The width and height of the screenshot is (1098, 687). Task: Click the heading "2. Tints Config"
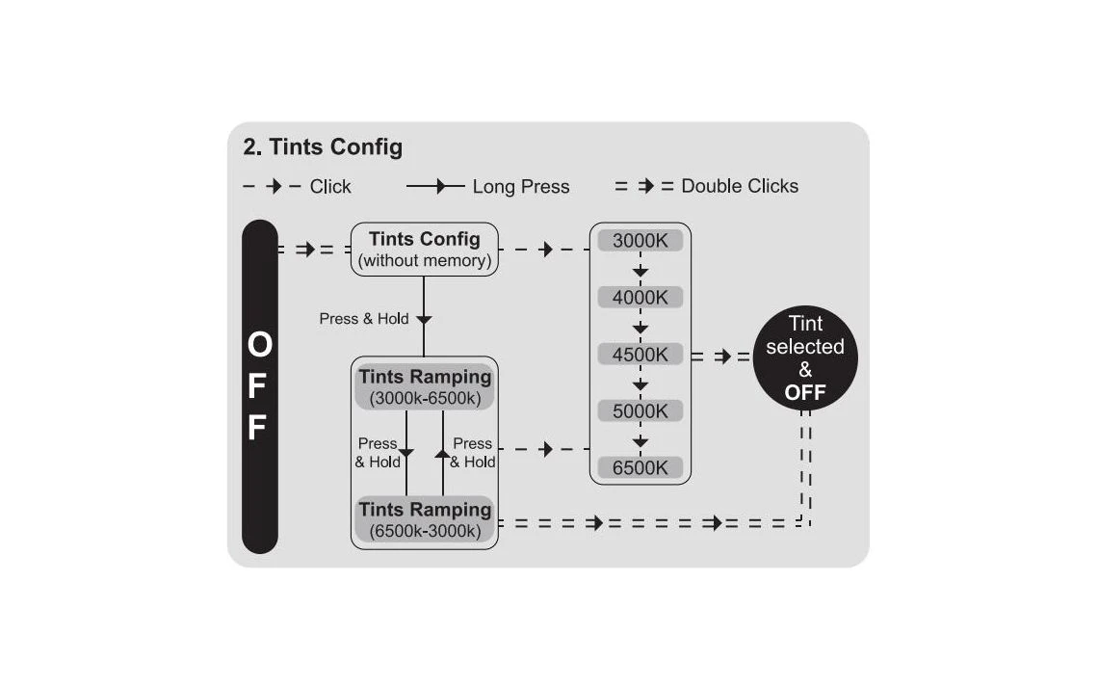pyautogui.click(x=323, y=147)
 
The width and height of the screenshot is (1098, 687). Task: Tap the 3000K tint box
pyautogui.click(x=640, y=240)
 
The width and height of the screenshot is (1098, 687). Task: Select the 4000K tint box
pyautogui.click(x=640, y=298)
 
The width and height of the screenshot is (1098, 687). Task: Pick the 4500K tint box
pyautogui.click(x=640, y=355)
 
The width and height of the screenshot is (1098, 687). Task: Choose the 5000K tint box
pyautogui.click(x=640, y=411)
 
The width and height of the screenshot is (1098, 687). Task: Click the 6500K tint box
pyautogui.click(x=640, y=468)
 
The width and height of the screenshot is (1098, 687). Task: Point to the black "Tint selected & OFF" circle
pyautogui.click(x=804, y=357)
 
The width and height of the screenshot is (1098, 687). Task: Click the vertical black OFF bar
pyautogui.click(x=259, y=386)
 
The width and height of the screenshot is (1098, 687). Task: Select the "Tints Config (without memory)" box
pyautogui.click(x=424, y=250)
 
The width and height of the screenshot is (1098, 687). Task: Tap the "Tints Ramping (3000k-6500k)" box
pyautogui.click(x=424, y=386)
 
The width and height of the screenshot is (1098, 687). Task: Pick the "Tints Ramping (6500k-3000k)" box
pyautogui.click(x=424, y=519)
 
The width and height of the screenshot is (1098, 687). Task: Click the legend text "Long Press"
pyautogui.click(x=520, y=187)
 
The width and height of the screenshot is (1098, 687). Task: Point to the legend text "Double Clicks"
pyautogui.click(x=740, y=186)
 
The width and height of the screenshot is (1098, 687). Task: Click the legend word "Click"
pyautogui.click(x=330, y=187)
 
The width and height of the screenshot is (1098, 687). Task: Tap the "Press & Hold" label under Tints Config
pyautogui.click(x=364, y=319)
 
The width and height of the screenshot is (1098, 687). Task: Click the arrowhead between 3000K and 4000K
pyautogui.click(x=640, y=273)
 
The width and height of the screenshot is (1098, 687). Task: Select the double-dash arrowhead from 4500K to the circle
pyautogui.click(x=723, y=357)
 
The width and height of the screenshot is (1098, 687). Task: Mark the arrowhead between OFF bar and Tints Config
pyautogui.click(x=306, y=250)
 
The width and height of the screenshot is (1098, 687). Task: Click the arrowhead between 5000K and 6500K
pyautogui.click(x=640, y=442)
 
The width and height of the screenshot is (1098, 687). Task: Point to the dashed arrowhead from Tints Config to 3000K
pyautogui.click(x=546, y=250)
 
